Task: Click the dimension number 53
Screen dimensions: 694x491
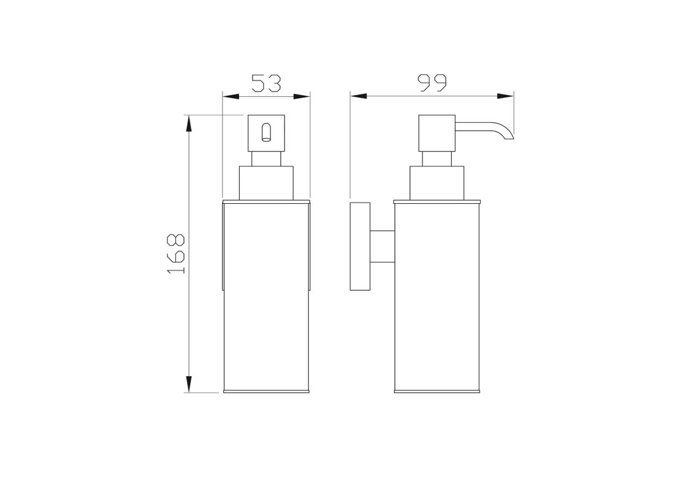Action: (266, 83)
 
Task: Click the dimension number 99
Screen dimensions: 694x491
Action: (432, 83)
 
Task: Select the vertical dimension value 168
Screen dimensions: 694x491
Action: (176, 253)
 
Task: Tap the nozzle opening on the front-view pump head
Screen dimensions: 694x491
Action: (266, 133)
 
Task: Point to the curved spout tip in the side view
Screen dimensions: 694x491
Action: (509, 135)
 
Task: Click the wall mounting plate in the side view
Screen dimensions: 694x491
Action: (360, 246)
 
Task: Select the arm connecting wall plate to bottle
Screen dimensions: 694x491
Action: (382, 246)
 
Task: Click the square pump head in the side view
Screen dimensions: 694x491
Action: (437, 133)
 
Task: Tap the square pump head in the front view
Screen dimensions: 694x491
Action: (266, 133)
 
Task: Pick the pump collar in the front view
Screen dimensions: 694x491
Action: (266, 183)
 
